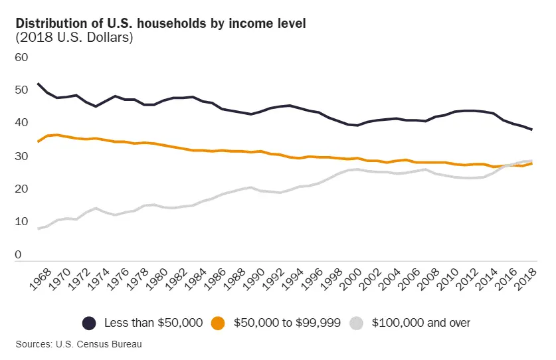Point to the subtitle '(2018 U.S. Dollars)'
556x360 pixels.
[x=74, y=38]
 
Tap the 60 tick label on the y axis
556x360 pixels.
[x=22, y=57]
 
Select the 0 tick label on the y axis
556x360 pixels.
[x=18, y=254]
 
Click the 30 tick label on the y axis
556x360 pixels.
[x=22, y=156]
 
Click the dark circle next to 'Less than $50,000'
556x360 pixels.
[x=89, y=323]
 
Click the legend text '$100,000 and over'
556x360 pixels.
[x=421, y=323]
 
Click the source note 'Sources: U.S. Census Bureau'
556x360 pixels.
[x=80, y=344]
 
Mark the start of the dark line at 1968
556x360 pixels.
[x=39, y=84]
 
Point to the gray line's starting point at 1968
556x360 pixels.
[x=39, y=228]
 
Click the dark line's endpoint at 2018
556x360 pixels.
[x=532, y=130]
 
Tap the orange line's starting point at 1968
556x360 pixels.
[x=39, y=141]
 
